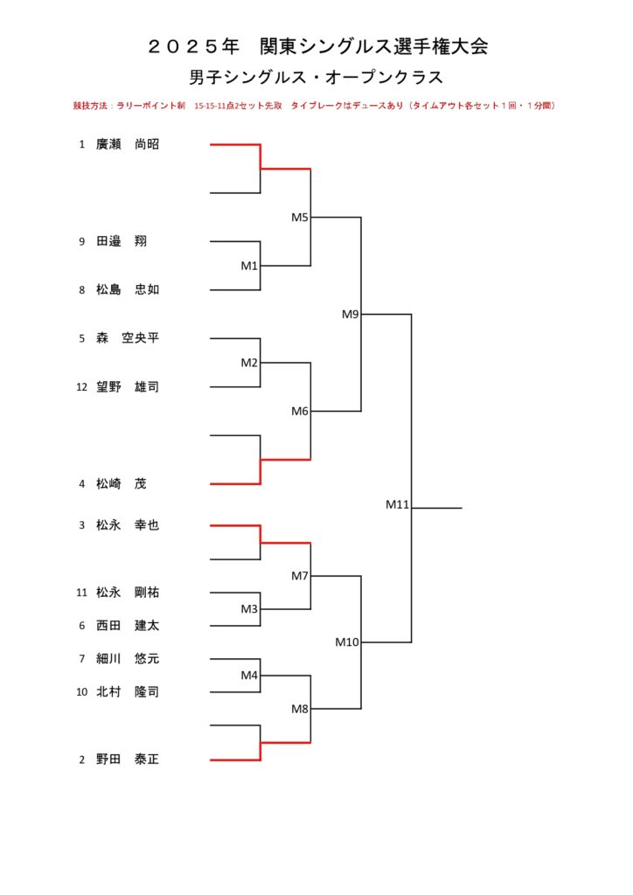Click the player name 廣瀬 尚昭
(x=128, y=145)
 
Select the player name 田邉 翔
(x=122, y=242)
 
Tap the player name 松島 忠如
(x=128, y=290)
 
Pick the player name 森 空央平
(x=128, y=338)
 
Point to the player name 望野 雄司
(x=128, y=386)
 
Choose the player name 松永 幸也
(x=128, y=525)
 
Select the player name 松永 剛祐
(x=128, y=593)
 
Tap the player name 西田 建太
(x=128, y=626)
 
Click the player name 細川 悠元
(x=128, y=658)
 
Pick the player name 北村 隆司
(x=128, y=691)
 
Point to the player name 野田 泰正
(x=128, y=760)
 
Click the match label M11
(x=398, y=504)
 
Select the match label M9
(x=351, y=315)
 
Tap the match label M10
(x=347, y=642)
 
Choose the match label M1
(x=249, y=266)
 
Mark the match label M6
(x=300, y=411)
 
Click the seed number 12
(x=81, y=386)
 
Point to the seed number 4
(x=81, y=483)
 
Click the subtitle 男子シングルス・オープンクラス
(x=316, y=77)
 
